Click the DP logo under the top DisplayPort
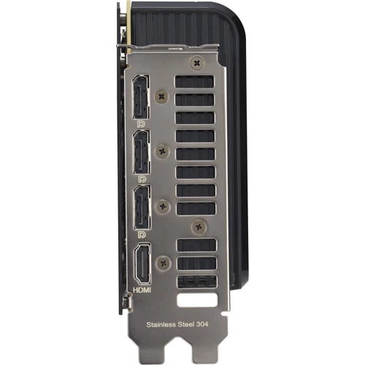(142, 126)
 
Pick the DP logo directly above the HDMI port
(142, 235)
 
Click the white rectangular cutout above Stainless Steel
(196, 299)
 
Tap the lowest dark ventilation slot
(196, 281)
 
